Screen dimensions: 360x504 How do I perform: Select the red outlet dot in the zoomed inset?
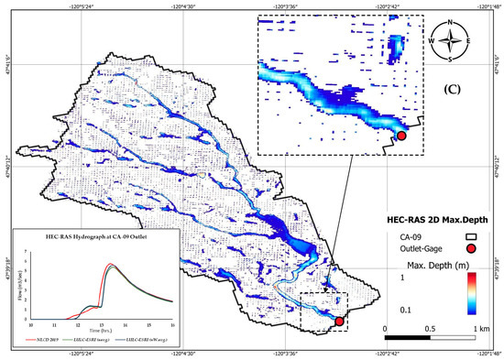(x=400, y=136)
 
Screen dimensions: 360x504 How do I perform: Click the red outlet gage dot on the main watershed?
(x=339, y=322)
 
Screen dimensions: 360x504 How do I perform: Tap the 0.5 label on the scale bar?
(x=430, y=328)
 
